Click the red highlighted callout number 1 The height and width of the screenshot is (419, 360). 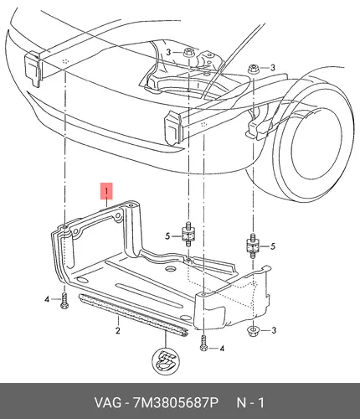pos(106,191)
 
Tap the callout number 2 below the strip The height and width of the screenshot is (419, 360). pos(118,330)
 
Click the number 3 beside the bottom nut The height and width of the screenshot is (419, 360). pos(274,330)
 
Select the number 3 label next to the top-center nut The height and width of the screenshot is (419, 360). pos(168,52)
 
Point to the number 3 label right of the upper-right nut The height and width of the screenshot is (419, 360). pos(273,68)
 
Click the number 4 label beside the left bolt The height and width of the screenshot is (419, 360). pos(47,299)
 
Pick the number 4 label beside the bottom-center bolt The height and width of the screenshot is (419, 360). pos(222,349)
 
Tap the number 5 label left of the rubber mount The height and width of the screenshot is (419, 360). pos(167,236)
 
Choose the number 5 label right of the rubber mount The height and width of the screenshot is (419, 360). pos(273,246)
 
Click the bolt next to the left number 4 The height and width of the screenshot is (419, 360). pos(64,301)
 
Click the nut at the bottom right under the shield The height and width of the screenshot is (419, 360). pos(253,332)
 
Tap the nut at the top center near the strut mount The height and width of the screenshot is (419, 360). pos(188,53)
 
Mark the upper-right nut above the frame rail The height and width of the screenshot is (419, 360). pos(253,69)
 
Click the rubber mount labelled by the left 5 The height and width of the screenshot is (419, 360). pos(188,234)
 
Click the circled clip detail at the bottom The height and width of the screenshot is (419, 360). pos(166,362)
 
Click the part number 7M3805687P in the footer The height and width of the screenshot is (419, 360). pos(176,402)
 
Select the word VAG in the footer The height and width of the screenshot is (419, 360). pos(108,402)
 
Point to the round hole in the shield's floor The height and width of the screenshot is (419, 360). pos(170,269)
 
